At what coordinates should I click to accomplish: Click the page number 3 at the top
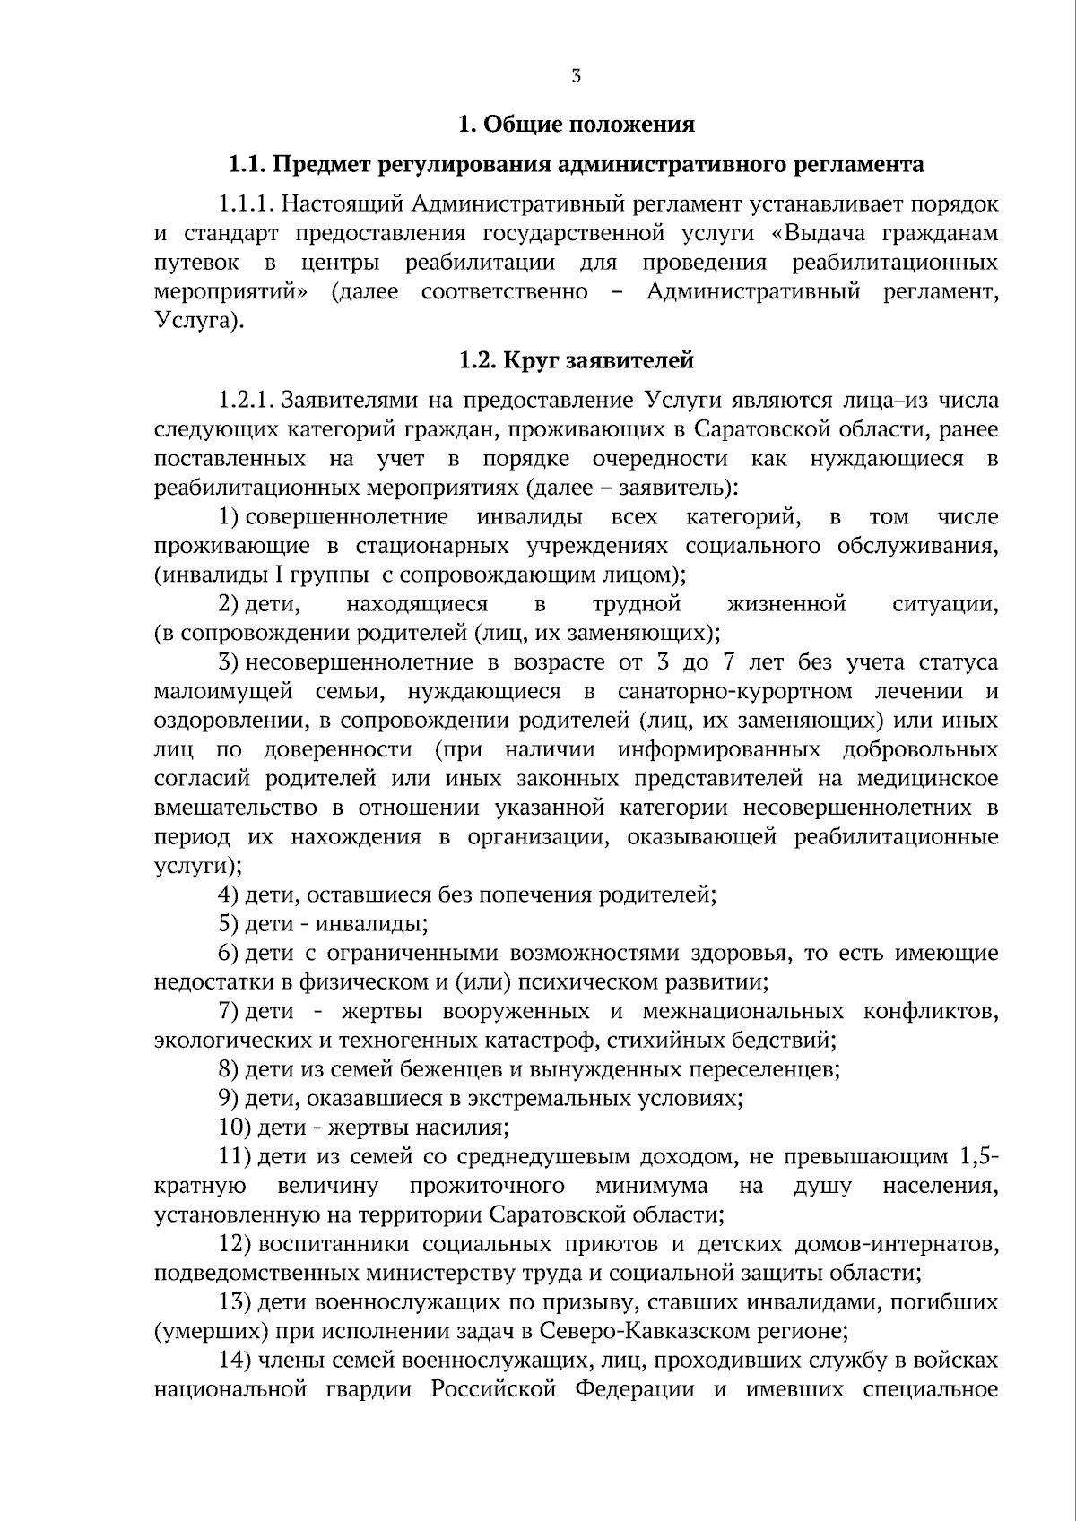tap(576, 77)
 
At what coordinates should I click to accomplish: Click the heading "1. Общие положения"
tap(576, 124)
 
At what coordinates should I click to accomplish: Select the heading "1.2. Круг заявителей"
tap(576, 360)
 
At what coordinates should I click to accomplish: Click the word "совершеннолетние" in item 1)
tap(347, 517)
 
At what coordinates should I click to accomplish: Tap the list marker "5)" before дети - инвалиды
tap(229, 924)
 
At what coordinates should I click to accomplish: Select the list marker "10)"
tap(235, 1128)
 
